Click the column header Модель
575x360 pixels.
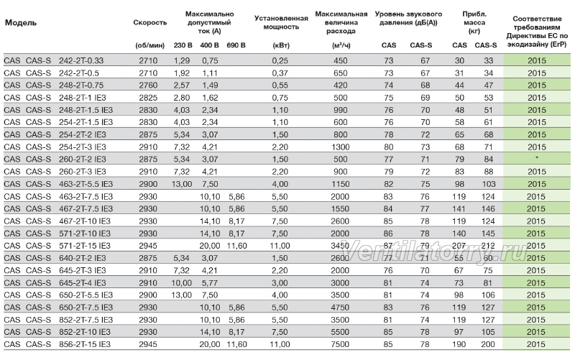tap(21, 23)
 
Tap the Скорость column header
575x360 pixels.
tap(150, 23)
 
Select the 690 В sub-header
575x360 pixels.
tap(236, 45)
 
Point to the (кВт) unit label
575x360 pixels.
tap(281, 45)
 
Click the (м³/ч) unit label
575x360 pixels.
tap(341, 45)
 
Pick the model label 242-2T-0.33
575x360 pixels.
tap(81, 60)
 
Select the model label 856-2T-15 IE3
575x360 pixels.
tap(85, 345)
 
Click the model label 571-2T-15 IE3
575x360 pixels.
tap(85, 246)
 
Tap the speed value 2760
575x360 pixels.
tap(148, 86)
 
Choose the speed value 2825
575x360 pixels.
tap(148, 98)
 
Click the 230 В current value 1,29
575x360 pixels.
tap(182, 60)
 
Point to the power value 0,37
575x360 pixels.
tap(280, 73)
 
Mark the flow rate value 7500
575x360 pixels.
tap(340, 345)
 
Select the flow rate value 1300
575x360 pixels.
tap(340, 147)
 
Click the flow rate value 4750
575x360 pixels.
tap(340, 308)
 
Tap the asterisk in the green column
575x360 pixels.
tap(537, 158)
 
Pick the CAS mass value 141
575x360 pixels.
tap(459, 209)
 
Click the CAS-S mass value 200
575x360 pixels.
tap(488, 345)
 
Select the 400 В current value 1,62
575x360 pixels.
tap(210, 98)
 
